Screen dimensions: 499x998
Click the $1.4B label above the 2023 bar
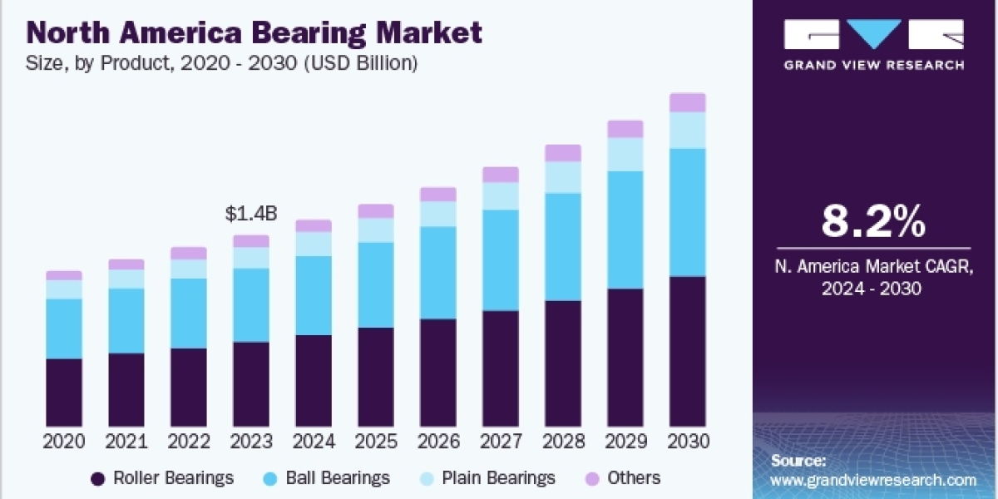pos(250,215)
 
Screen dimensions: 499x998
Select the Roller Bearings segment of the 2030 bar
pos(688,351)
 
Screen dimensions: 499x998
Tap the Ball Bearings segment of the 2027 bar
pos(501,259)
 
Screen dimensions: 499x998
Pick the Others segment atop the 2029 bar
pos(625,129)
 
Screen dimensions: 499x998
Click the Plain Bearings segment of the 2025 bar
pos(376,230)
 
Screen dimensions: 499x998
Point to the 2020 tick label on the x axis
pos(64,442)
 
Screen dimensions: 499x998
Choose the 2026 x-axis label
pos(438,442)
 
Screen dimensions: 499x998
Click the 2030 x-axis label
pos(688,442)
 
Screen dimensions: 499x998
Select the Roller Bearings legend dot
pos(98,478)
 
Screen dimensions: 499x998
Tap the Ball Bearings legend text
pos(338,478)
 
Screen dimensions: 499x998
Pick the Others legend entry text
pos(634,478)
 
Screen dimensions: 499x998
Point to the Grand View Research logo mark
pos(873,35)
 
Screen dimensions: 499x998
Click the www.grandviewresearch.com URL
pos(873,480)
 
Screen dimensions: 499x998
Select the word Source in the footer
pos(797,460)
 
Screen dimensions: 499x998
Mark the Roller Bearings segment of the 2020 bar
pos(64,393)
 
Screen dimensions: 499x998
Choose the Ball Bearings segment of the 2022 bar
pos(189,313)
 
